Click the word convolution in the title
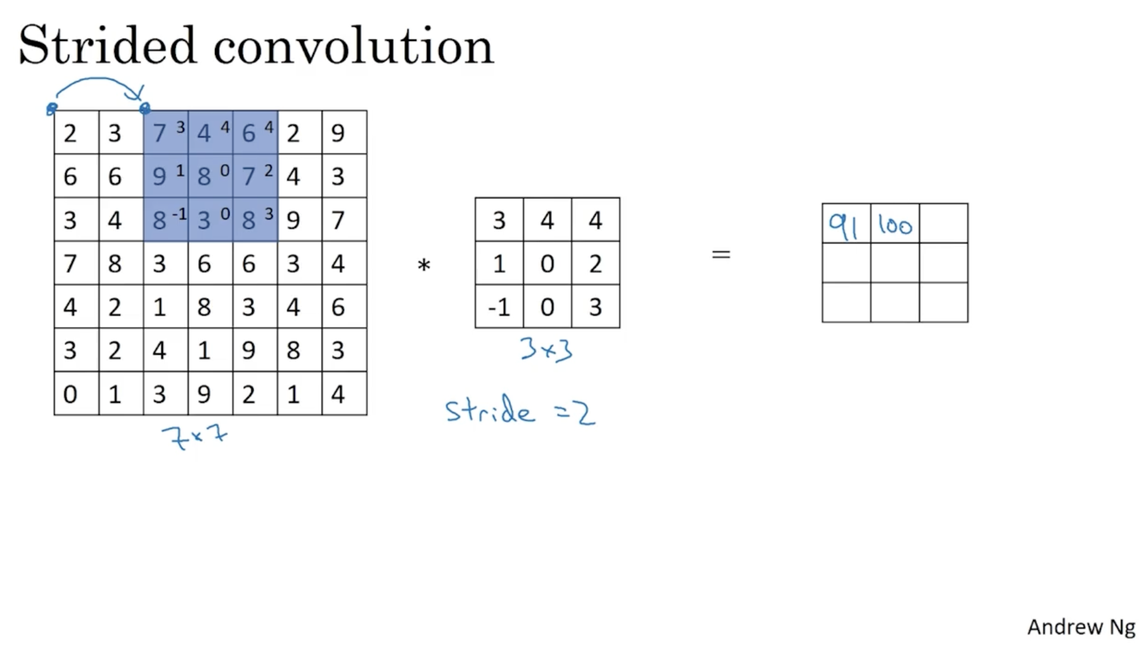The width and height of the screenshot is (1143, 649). pyautogui.click(x=353, y=47)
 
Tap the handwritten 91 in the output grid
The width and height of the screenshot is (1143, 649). pyautogui.click(x=844, y=226)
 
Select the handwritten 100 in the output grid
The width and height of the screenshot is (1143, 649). pyautogui.click(x=895, y=225)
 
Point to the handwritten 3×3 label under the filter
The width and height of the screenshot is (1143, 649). pyautogui.click(x=546, y=350)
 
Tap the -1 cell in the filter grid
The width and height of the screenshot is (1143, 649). pyautogui.click(x=499, y=308)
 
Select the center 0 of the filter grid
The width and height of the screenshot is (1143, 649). pyautogui.click(x=547, y=263)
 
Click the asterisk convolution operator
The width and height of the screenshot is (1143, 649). pyautogui.click(x=424, y=266)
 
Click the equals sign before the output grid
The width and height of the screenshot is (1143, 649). pyautogui.click(x=721, y=254)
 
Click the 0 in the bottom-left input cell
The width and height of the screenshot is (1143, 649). pyautogui.click(x=70, y=394)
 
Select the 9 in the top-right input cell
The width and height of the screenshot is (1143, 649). pyautogui.click(x=338, y=133)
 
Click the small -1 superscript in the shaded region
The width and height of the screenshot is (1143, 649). pyautogui.click(x=180, y=214)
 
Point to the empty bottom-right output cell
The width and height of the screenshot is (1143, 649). pyautogui.click(x=944, y=302)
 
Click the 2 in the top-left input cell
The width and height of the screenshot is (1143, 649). pyautogui.click(x=70, y=133)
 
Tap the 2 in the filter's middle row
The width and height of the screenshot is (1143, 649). pyautogui.click(x=595, y=263)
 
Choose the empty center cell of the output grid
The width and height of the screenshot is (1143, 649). pyautogui.click(x=895, y=263)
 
